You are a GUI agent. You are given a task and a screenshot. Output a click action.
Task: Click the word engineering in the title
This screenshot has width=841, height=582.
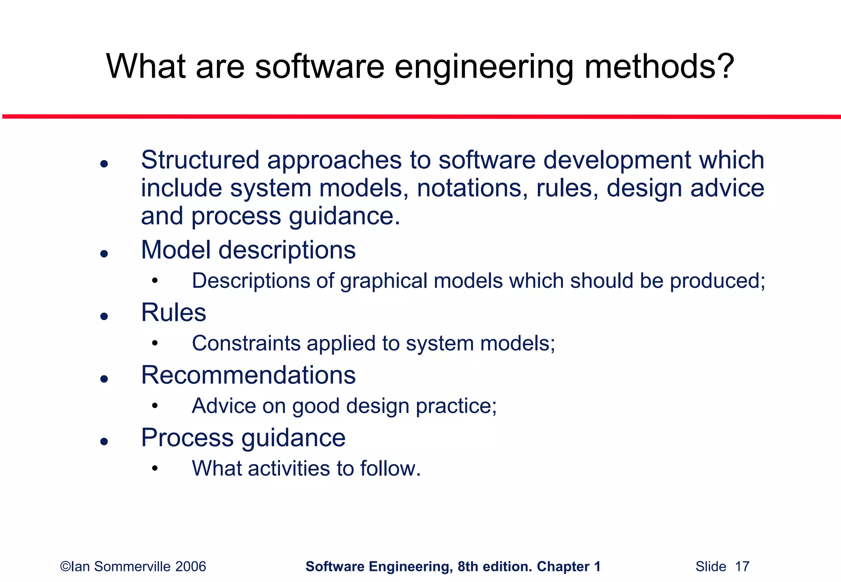[x=483, y=68]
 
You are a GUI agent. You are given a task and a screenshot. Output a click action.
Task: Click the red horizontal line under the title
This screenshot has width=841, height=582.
[x=420, y=117]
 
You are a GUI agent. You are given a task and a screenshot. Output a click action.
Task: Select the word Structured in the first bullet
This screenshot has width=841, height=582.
[x=200, y=160]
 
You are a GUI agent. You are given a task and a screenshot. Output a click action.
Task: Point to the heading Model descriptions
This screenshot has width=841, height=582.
[x=248, y=250]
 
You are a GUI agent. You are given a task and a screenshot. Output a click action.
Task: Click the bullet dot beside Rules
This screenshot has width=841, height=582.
[x=104, y=316]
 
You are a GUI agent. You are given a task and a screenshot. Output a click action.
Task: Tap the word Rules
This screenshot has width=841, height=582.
[x=173, y=313]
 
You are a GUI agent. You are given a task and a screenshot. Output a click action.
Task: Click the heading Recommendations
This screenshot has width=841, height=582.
[x=248, y=375]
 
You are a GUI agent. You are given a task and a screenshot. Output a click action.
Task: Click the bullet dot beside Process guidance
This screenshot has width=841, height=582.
[x=104, y=442]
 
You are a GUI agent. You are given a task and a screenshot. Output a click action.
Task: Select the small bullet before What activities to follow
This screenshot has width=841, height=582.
[x=154, y=468]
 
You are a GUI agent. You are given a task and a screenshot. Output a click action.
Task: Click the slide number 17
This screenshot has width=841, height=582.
[x=742, y=567]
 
